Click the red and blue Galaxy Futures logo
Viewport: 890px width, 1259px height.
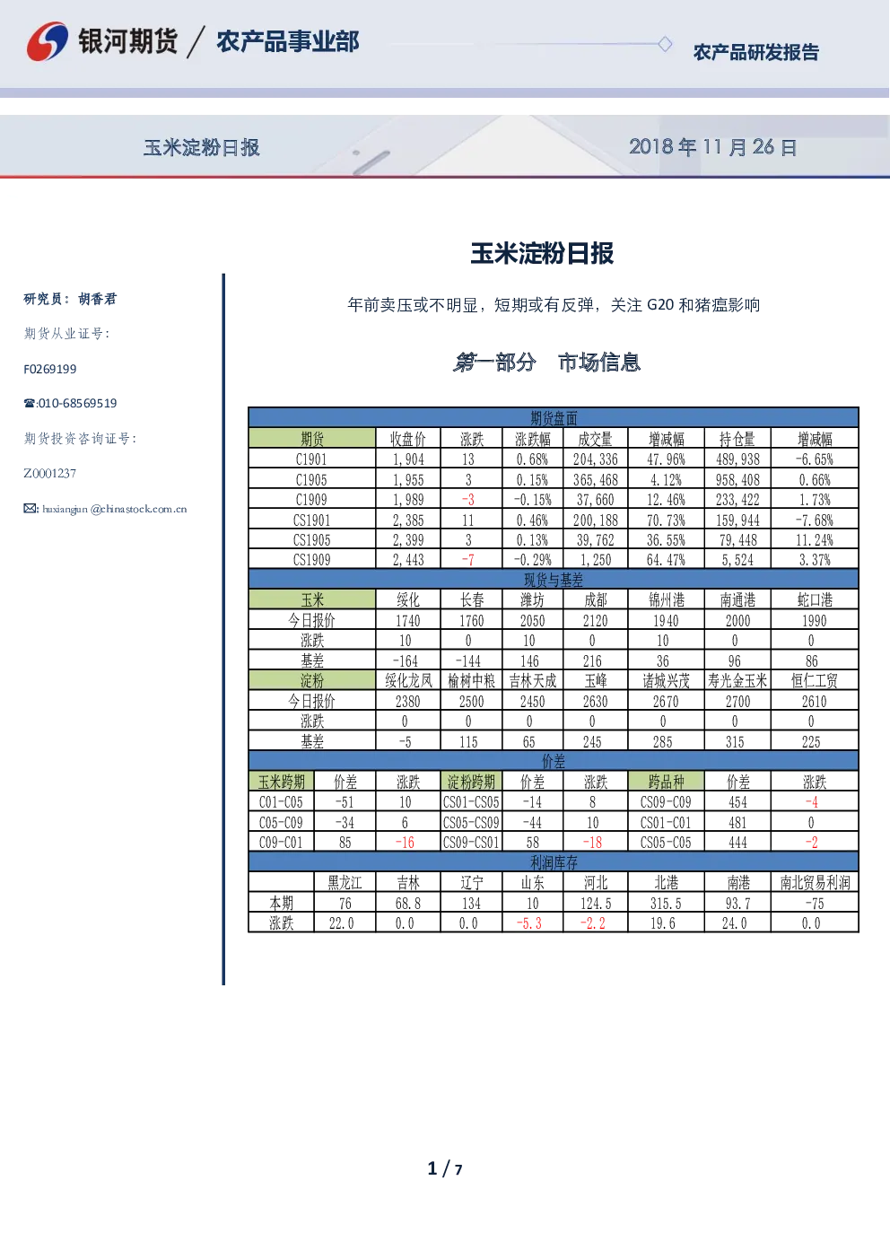[48, 41]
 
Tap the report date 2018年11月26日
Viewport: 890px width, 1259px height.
[712, 147]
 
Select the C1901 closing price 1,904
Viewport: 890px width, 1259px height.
[408, 459]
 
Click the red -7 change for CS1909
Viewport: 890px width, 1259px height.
[468, 560]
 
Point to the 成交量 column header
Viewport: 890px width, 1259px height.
[596, 439]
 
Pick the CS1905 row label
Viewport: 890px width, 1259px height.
[312, 540]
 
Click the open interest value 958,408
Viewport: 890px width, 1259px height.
[737, 480]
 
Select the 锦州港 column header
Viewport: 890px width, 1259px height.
[667, 600]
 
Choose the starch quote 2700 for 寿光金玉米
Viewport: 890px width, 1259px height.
[737, 702]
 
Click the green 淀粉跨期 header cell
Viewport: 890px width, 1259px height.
[471, 782]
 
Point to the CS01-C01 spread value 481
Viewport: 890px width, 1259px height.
[737, 823]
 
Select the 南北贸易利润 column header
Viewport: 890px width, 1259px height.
[815, 883]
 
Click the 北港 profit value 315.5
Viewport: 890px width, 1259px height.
[667, 904]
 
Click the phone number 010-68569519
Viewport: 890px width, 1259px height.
[70, 403]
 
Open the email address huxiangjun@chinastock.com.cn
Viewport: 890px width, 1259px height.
[105, 509]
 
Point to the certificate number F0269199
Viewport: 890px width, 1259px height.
[50, 369]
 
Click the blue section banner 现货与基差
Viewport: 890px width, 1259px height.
[554, 579]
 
